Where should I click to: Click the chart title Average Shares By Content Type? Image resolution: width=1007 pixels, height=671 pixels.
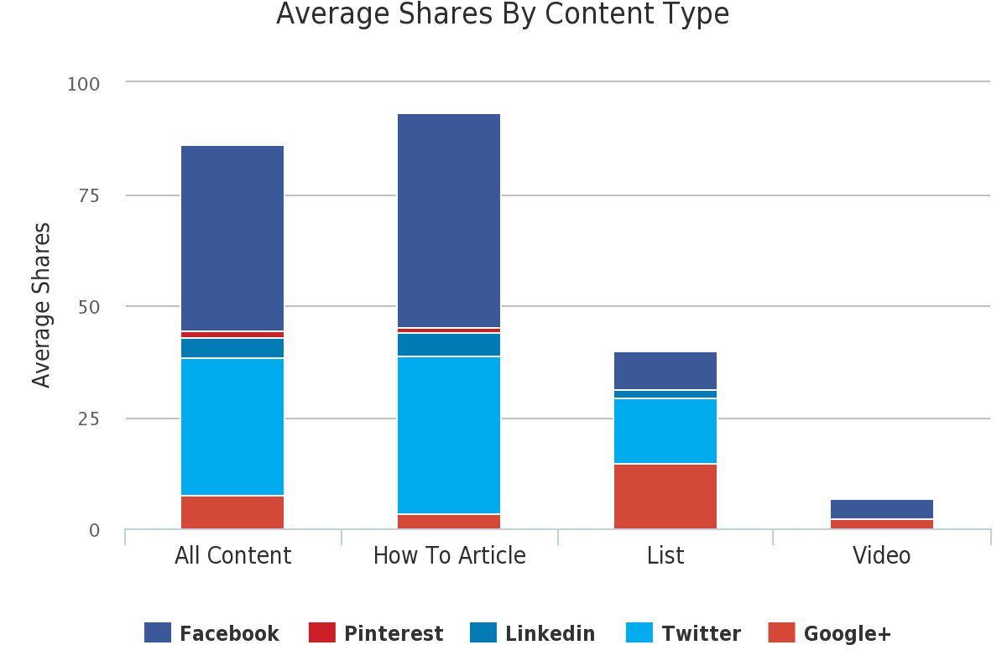coord(502,14)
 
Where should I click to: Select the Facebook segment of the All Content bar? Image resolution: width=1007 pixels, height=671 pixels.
coord(232,238)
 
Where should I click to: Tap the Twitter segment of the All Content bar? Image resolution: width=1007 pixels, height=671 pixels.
coord(232,427)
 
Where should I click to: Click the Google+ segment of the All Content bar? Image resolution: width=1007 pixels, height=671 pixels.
coord(232,512)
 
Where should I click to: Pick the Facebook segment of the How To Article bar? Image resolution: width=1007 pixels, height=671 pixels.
coord(449,221)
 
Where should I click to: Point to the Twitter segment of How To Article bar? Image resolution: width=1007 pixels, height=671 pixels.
coord(449,435)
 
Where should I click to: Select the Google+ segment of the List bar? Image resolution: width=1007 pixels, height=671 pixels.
coord(665,497)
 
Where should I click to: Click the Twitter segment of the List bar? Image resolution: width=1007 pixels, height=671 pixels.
coord(665,431)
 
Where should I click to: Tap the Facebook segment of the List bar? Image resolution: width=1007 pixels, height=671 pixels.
coord(665,371)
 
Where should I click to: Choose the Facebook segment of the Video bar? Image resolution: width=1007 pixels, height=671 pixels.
coord(882,509)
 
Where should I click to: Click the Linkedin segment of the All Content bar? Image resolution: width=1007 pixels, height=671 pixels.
coord(232,348)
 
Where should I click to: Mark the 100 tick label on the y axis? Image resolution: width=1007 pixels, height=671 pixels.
coord(83,84)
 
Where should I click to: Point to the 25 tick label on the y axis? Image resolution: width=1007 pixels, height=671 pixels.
coord(88,419)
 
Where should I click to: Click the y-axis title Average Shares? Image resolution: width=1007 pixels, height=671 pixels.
coord(42,305)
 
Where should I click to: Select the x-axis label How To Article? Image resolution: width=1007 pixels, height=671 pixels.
coord(449,556)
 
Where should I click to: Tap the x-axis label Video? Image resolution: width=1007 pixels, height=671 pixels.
coord(881,556)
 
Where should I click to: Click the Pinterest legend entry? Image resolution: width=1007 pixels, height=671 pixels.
coord(376,633)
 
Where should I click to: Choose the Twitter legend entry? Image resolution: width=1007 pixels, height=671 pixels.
coord(684,633)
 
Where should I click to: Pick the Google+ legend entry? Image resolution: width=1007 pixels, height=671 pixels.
coord(830,633)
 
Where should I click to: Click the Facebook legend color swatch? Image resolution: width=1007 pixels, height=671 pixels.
coord(158,633)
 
